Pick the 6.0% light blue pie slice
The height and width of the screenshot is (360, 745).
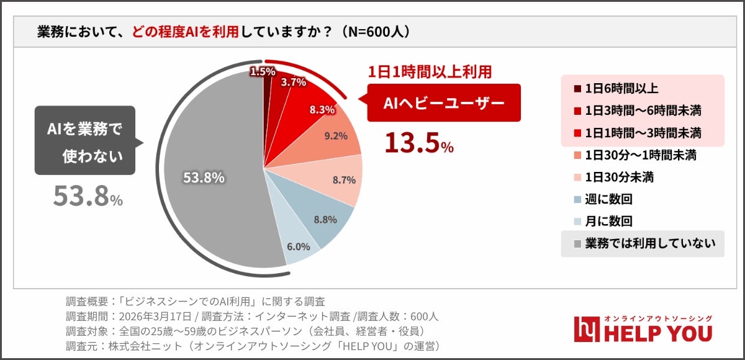[x=297, y=246]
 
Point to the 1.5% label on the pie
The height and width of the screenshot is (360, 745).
[x=263, y=72]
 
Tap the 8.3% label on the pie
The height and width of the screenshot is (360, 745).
[x=322, y=109]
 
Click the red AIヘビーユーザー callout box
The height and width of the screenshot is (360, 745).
[x=443, y=104]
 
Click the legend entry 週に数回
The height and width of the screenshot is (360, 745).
[x=608, y=199]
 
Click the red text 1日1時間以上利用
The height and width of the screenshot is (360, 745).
[x=430, y=72]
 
